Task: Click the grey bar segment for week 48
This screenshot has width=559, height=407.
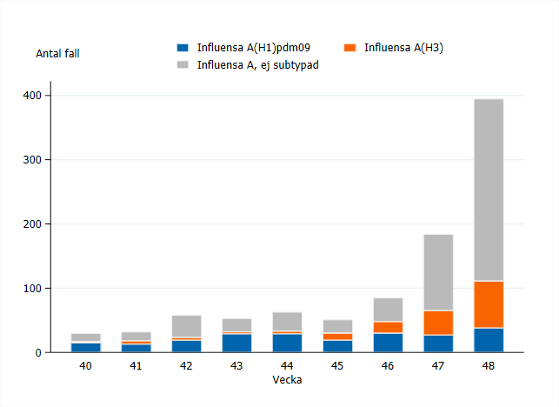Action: tap(488, 190)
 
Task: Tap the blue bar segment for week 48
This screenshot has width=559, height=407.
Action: tap(488, 340)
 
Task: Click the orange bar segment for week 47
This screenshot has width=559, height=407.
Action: tap(438, 323)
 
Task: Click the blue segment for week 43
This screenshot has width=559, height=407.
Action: tap(236, 343)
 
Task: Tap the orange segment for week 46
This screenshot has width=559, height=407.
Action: tap(388, 327)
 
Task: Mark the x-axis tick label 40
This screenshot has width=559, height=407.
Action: tap(85, 367)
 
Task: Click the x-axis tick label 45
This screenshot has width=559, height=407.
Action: tap(337, 367)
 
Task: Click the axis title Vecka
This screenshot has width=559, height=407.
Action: tap(287, 381)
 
